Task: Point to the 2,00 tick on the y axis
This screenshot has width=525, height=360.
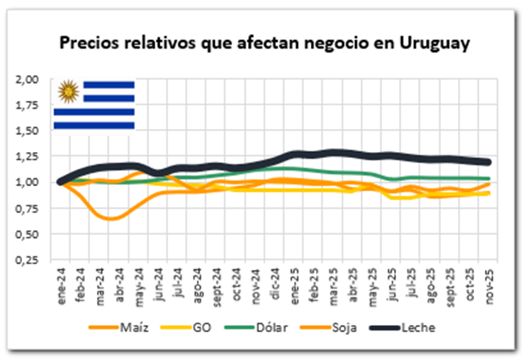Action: [28, 79]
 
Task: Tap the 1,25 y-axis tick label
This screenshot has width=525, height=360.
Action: [28, 156]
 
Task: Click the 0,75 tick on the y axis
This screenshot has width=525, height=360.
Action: [28, 208]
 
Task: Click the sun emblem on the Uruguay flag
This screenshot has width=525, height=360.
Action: [67, 90]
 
